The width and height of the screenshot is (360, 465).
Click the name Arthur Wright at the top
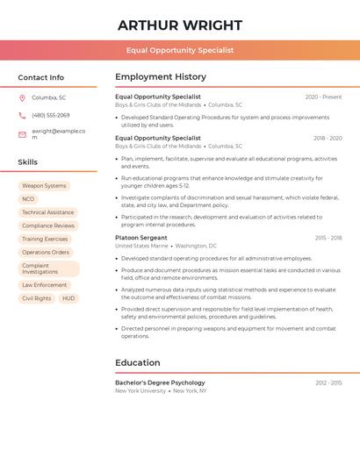(180, 25)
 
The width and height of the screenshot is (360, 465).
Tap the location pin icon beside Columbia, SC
(22, 97)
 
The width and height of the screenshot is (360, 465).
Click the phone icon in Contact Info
(22, 115)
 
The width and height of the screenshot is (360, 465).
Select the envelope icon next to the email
(22, 133)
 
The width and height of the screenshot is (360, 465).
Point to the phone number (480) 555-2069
(50, 115)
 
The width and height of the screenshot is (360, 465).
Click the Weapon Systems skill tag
(44, 186)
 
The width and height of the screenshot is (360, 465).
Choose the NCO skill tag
(28, 199)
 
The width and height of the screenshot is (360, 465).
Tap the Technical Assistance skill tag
(47, 212)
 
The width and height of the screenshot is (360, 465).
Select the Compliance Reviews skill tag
(48, 225)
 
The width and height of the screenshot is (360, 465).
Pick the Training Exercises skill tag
(45, 239)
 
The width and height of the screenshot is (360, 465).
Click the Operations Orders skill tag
(46, 252)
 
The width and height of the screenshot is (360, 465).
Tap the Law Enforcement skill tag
(45, 285)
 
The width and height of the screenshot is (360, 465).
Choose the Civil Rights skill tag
(37, 298)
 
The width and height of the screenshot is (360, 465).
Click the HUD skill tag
(68, 298)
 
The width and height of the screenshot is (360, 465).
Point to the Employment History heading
(161, 77)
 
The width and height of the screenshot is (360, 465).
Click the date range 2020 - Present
(323, 97)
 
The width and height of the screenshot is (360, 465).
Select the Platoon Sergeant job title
(141, 238)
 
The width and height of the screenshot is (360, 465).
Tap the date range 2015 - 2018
(328, 238)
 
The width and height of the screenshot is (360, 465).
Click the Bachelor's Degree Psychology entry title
(160, 383)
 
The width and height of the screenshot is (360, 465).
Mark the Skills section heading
(28, 162)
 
